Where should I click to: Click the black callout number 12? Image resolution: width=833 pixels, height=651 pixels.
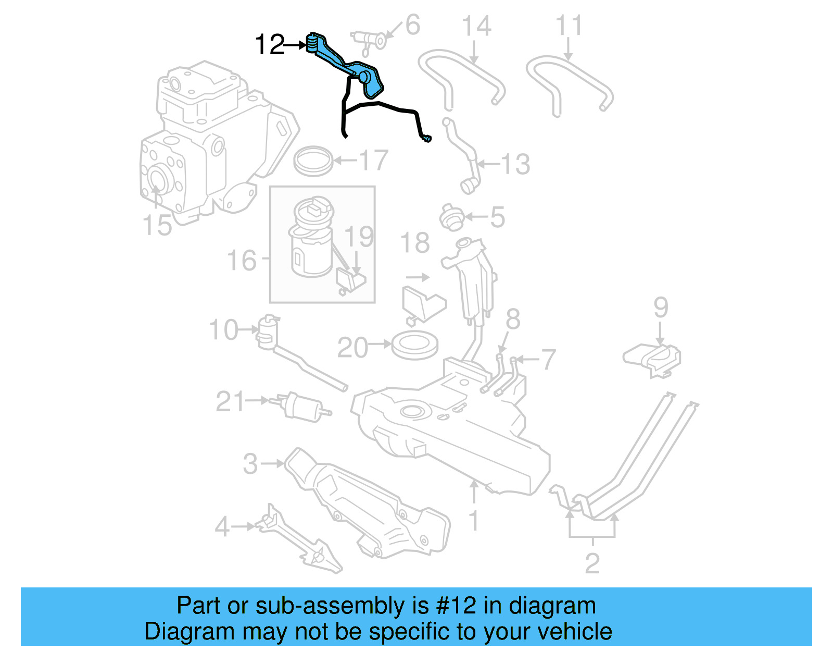(270, 45)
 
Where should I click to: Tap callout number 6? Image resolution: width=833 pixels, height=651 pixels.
(412, 25)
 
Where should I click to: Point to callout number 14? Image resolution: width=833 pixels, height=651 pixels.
(476, 26)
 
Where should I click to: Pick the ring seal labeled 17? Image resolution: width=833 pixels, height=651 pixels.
(313, 161)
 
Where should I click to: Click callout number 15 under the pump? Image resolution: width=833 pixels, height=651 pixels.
(157, 225)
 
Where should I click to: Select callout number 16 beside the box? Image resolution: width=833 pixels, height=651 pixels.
(242, 260)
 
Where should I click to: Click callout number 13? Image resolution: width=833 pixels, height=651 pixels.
(515, 164)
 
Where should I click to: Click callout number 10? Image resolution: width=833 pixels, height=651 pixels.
(223, 330)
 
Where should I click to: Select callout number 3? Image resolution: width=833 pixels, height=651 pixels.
(250, 463)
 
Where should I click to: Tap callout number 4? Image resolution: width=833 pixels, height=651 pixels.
(222, 527)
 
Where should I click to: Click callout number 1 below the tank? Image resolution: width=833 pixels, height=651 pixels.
(474, 521)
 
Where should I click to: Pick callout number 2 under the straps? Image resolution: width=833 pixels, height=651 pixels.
(592, 563)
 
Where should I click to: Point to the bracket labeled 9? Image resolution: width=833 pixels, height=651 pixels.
(652, 358)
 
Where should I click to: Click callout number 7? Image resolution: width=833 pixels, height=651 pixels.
(548, 359)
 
